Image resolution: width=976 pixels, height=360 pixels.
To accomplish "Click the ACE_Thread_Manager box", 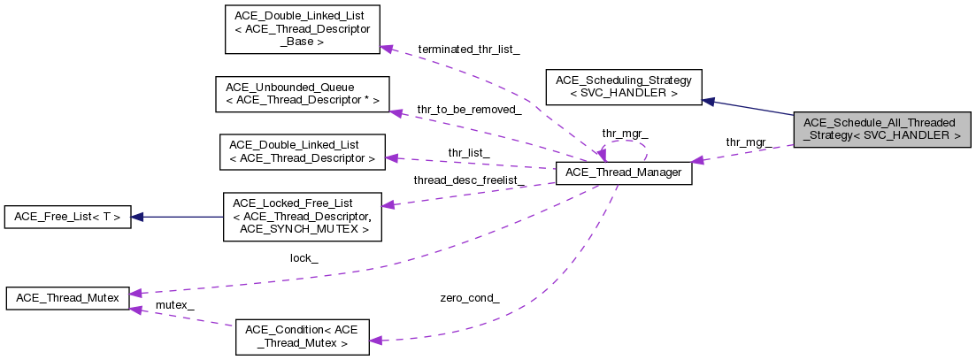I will (x=622, y=173).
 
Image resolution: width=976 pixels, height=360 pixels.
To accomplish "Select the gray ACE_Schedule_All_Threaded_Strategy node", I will (x=882, y=129).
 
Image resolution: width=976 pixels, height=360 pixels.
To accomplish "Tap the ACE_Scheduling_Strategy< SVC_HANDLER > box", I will (x=624, y=87).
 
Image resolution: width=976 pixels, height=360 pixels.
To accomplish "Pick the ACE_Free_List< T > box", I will (x=68, y=217).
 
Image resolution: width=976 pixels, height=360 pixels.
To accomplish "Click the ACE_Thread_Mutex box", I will (x=68, y=298).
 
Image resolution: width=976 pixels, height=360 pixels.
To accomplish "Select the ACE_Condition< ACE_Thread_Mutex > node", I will (x=302, y=336).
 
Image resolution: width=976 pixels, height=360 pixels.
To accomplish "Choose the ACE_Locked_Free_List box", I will (x=302, y=217).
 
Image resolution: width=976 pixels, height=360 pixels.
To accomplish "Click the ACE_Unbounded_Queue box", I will (x=302, y=94).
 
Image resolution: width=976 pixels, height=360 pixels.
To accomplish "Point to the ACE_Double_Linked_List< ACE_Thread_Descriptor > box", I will (x=302, y=152).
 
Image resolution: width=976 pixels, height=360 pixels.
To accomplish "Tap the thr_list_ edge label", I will (x=468, y=152).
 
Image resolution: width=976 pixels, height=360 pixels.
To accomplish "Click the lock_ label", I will (x=304, y=258).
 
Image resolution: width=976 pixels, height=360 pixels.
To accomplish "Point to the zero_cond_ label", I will (x=469, y=298).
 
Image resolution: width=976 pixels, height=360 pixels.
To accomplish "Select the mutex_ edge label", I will (x=174, y=305).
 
